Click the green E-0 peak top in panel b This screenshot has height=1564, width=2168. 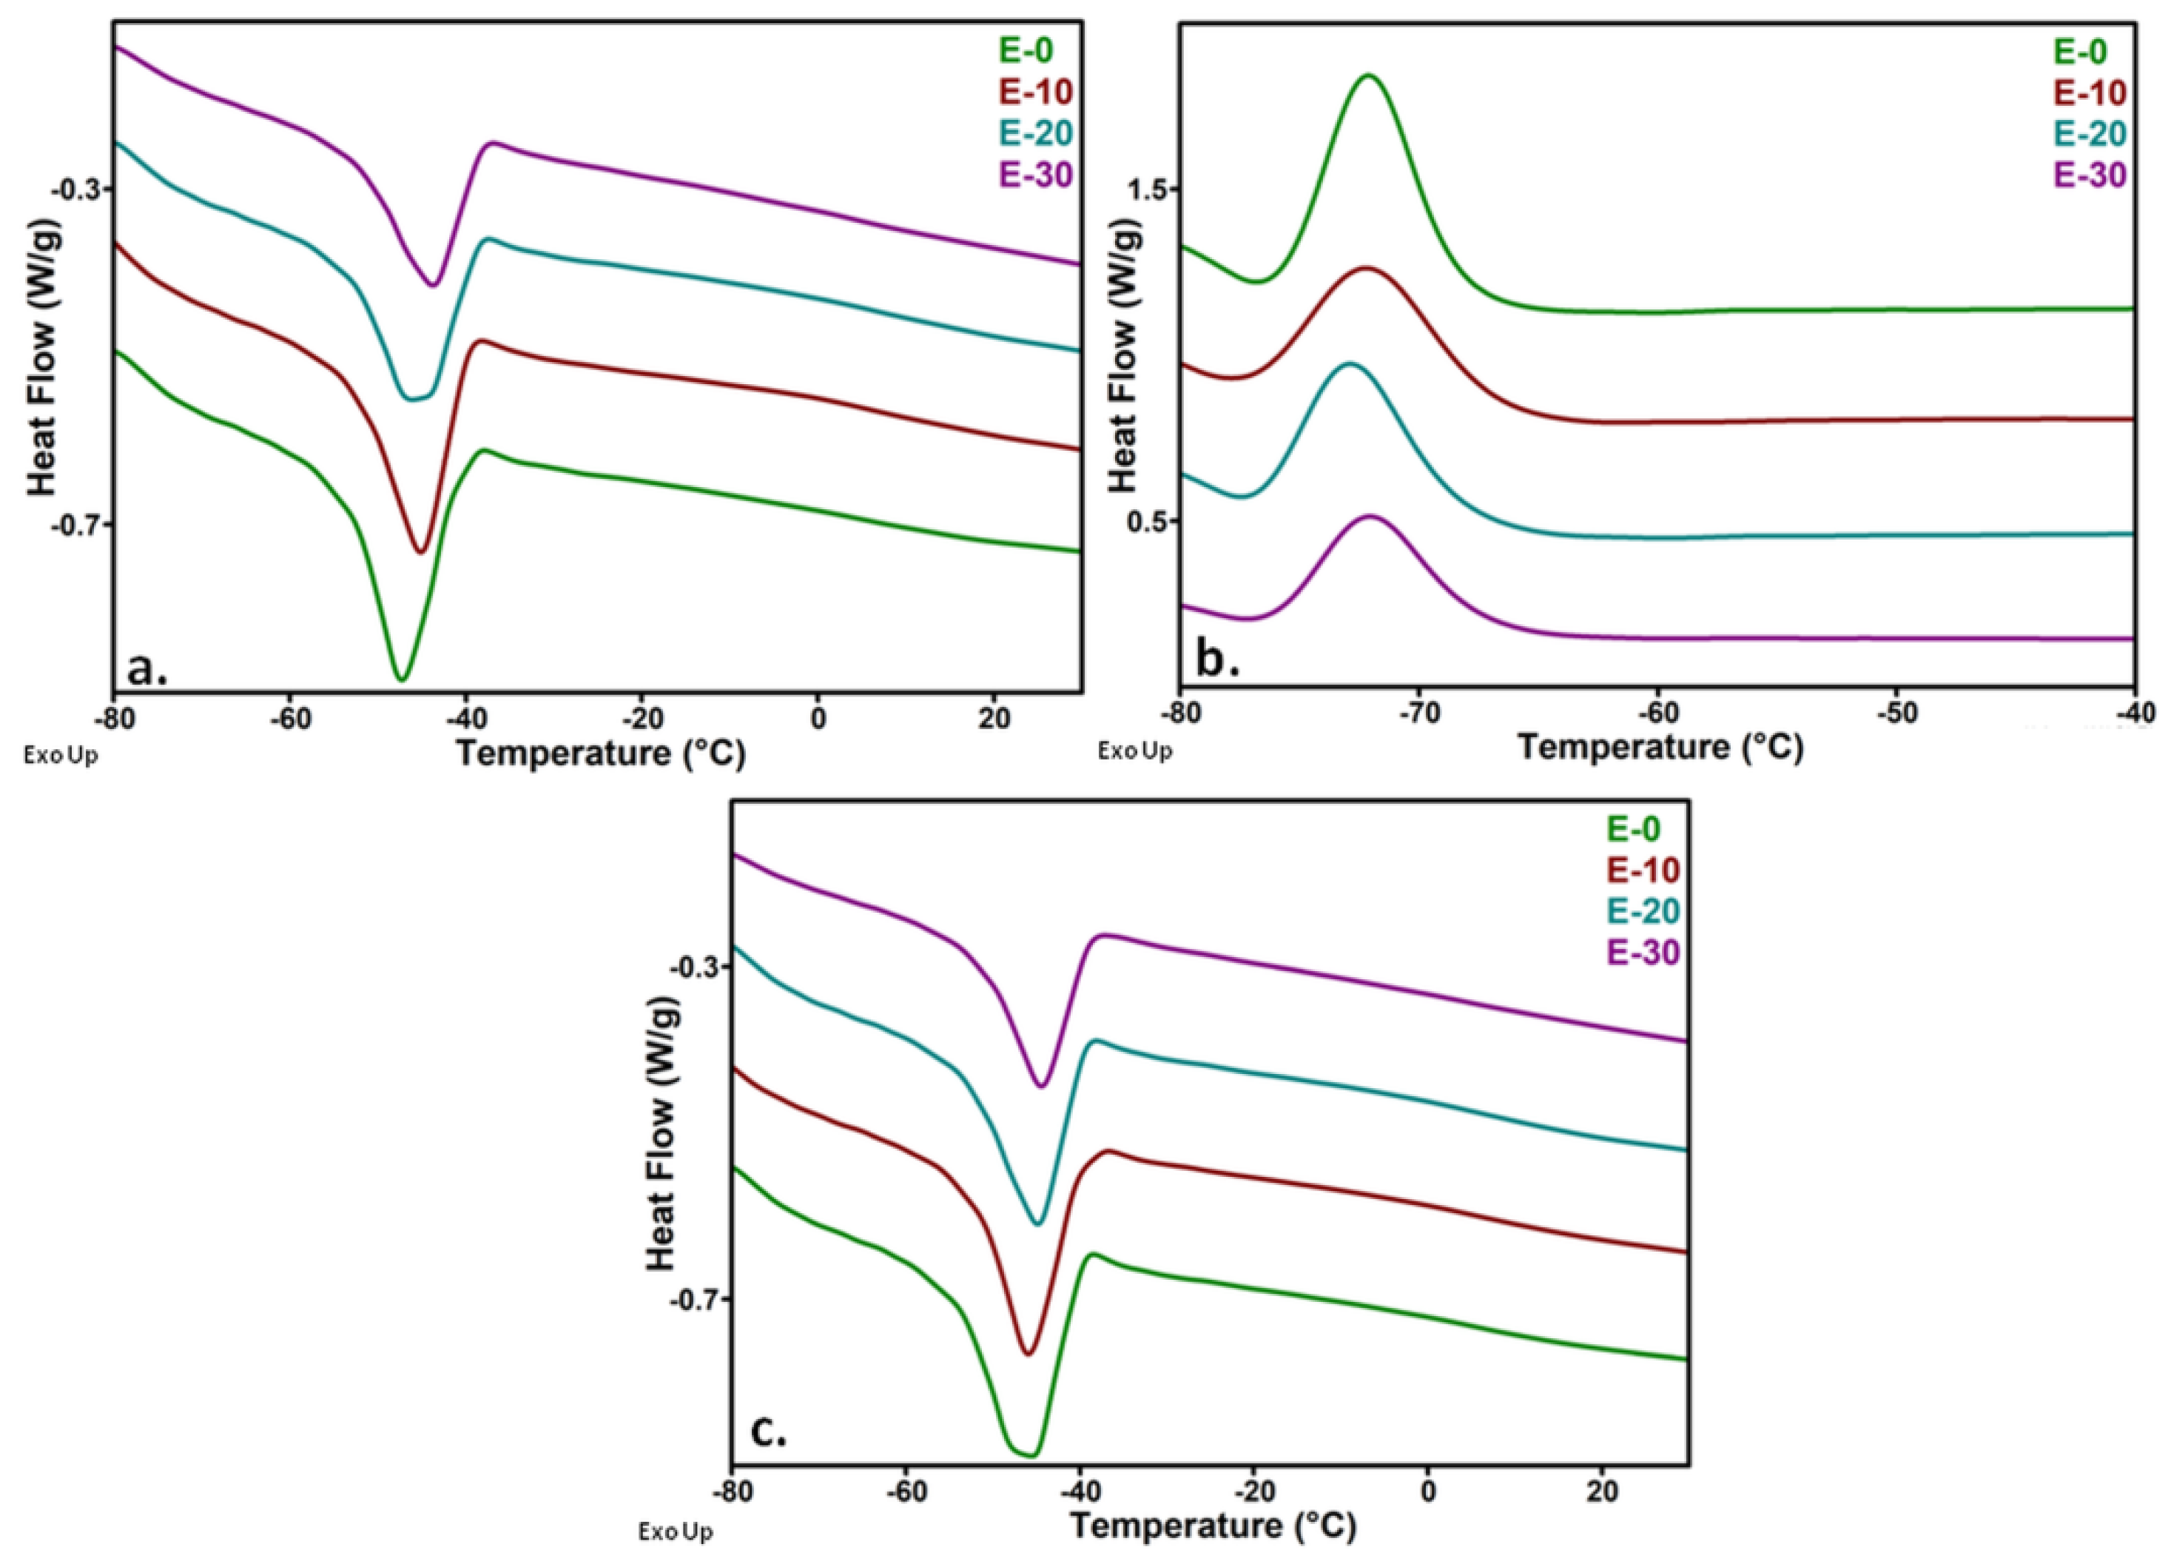click(x=1369, y=75)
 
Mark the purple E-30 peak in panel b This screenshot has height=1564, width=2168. click(x=1370, y=517)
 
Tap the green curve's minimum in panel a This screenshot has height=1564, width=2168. click(x=403, y=679)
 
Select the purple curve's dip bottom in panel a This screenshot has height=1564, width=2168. click(x=434, y=285)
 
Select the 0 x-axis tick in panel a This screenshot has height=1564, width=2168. click(x=818, y=718)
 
